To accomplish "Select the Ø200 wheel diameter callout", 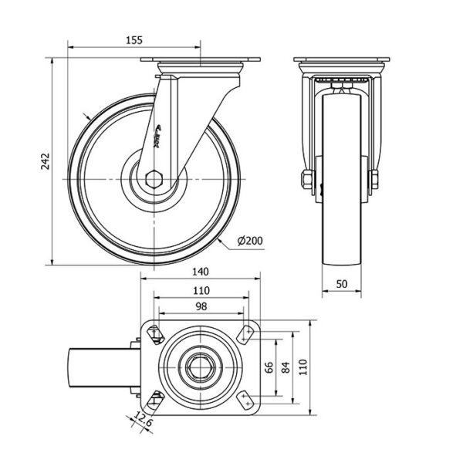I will tap(249, 241).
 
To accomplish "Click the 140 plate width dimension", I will tap(201, 272).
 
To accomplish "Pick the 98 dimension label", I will tap(201, 307).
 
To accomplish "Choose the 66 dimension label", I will tap(269, 367).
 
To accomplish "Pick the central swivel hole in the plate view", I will tap(201, 367).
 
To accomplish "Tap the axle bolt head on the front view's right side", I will tap(375, 181).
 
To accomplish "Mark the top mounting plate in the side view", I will tap(201, 63).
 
